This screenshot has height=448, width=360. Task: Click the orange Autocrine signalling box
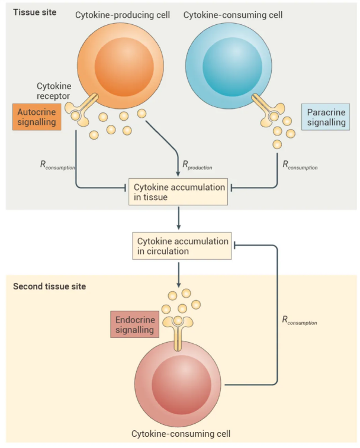pos(37,117)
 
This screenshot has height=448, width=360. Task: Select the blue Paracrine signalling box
pos(323,117)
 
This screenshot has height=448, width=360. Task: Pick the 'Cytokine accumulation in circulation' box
pos(183,246)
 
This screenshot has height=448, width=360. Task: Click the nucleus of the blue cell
pos(228,65)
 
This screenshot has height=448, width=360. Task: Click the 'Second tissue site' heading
pos(50,286)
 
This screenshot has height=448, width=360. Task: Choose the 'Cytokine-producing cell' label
pos(122,14)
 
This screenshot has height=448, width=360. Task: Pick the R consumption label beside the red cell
pos(300,321)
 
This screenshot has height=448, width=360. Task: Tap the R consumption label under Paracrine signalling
pos(300,166)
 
